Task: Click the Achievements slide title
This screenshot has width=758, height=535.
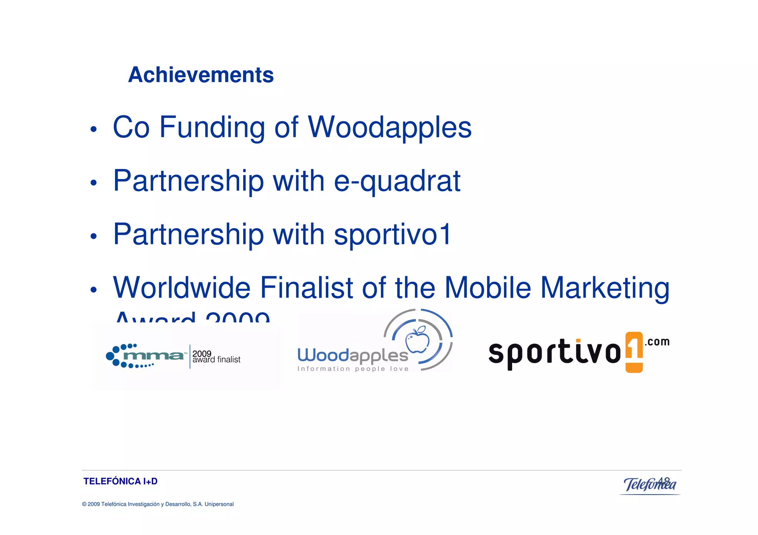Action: click(201, 75)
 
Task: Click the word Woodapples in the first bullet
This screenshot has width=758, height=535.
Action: click(389, 128)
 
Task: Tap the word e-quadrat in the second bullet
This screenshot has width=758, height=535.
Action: click(397, 181)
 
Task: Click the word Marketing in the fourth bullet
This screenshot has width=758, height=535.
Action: click(605, 288)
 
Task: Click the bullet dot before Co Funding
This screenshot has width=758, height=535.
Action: click(94, 129)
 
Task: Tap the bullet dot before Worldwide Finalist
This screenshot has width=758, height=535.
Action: click(94, 289)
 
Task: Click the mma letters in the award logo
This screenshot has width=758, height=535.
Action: click(153, 356)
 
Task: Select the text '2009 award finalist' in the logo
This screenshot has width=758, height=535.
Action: click(216, 357)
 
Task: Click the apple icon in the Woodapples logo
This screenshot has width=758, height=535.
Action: click(417, 339)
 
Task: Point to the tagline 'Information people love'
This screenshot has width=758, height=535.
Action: click(353, 369)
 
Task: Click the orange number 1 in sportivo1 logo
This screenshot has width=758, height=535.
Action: click(634, 351)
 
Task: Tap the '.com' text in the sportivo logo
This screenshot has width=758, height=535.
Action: click(657, 342)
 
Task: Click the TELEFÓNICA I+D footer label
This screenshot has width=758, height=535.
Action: click(120, 481)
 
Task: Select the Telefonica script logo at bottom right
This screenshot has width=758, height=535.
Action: click(650, 484)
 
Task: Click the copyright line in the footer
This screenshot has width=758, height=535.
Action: click(158, 504)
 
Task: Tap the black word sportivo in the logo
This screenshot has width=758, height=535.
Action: click(554, 353)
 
